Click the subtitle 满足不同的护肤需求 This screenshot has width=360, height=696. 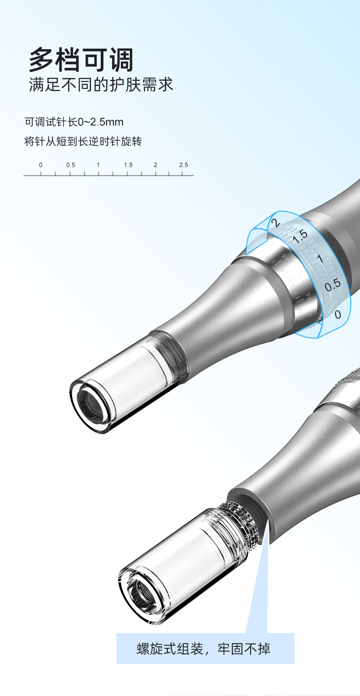click(x=101, y=85)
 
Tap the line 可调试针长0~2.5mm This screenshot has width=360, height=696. click(x=74, y=122)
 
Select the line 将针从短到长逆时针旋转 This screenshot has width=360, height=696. click(x=83, y=141)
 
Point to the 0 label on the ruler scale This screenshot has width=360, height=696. click(x=41, y=165)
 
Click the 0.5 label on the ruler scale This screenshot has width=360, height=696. click(x=71, y=165)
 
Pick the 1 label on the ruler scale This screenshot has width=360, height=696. click(x=98, y=165)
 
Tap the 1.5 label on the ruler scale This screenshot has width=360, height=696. click(x=128, y=165)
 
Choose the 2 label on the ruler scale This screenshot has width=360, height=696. click(x=155, y=165)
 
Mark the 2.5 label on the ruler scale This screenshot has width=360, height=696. click(x=184, y=165)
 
